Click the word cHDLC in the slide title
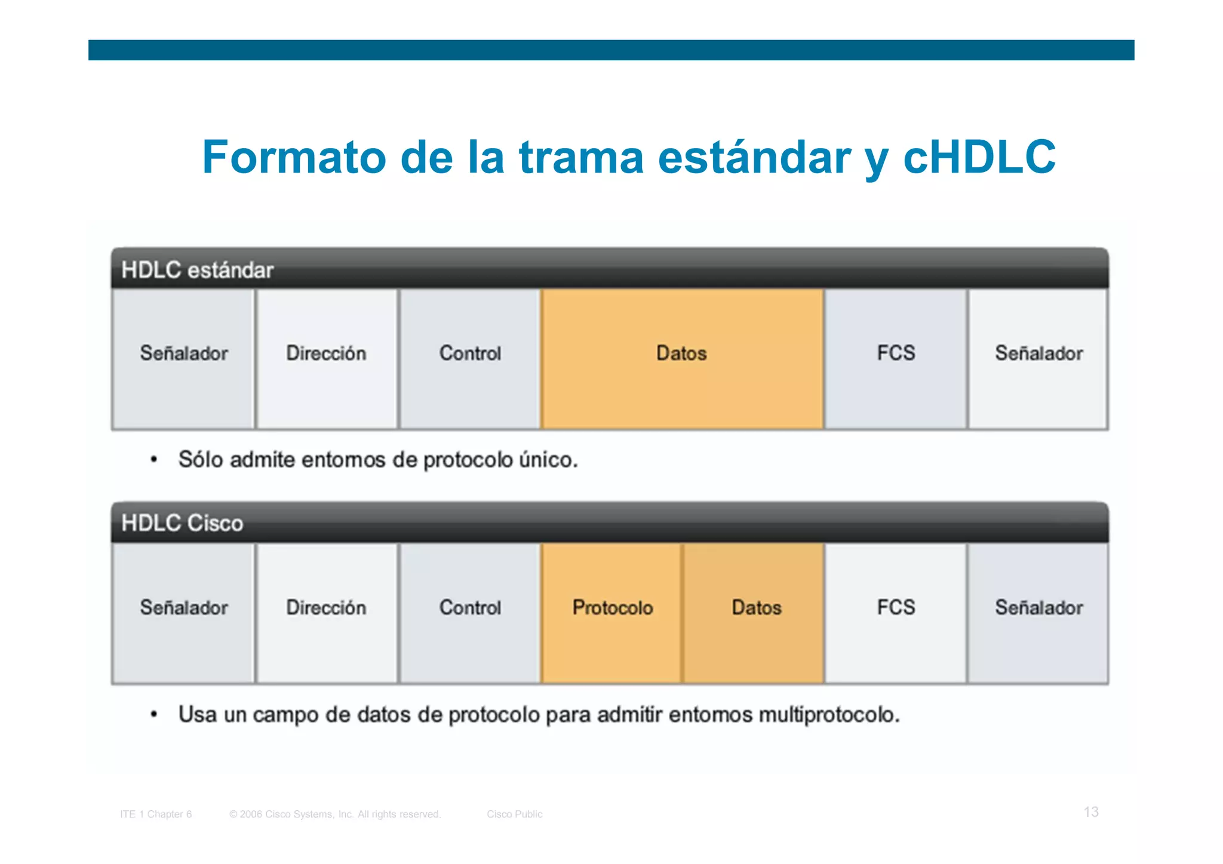(979, 157)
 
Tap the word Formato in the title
(294, 157)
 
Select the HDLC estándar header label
(197, 270)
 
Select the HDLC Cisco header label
(182, 523)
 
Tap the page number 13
(1091, 812)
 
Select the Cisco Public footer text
(514, 814)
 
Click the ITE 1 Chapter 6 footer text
(156, 814)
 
